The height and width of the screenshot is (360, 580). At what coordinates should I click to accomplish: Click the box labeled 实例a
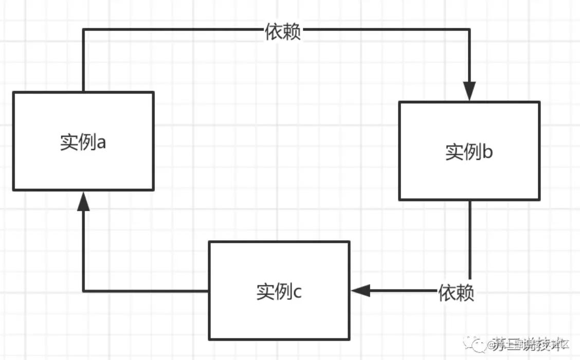(x=83, y=141)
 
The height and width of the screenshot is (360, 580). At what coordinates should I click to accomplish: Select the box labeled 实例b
(x=469, y=151)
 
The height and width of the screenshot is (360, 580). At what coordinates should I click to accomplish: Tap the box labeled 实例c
(x=279, y=291)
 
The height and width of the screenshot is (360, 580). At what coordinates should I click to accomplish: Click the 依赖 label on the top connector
(x=283, y=32)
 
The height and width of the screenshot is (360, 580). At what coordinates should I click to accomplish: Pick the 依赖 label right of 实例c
(x=456, y=293)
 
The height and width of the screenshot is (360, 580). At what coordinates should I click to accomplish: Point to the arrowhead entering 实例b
(x=469, y=92)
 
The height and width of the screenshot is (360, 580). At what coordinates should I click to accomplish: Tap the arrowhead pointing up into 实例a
(x=83, y=201)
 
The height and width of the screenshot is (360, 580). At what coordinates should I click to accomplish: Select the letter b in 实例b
(x=487, y=152)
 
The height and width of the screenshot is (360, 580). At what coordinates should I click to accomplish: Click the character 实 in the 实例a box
(x=69, y=142)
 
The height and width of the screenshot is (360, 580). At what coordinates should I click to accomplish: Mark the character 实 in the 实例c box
(x=265, y=292)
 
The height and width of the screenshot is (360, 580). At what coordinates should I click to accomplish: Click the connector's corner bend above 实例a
(x=83, y=30)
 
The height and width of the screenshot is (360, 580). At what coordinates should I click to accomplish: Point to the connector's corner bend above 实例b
(x=469, y=30)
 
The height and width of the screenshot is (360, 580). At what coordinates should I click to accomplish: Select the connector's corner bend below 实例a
(x=83, y=291)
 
